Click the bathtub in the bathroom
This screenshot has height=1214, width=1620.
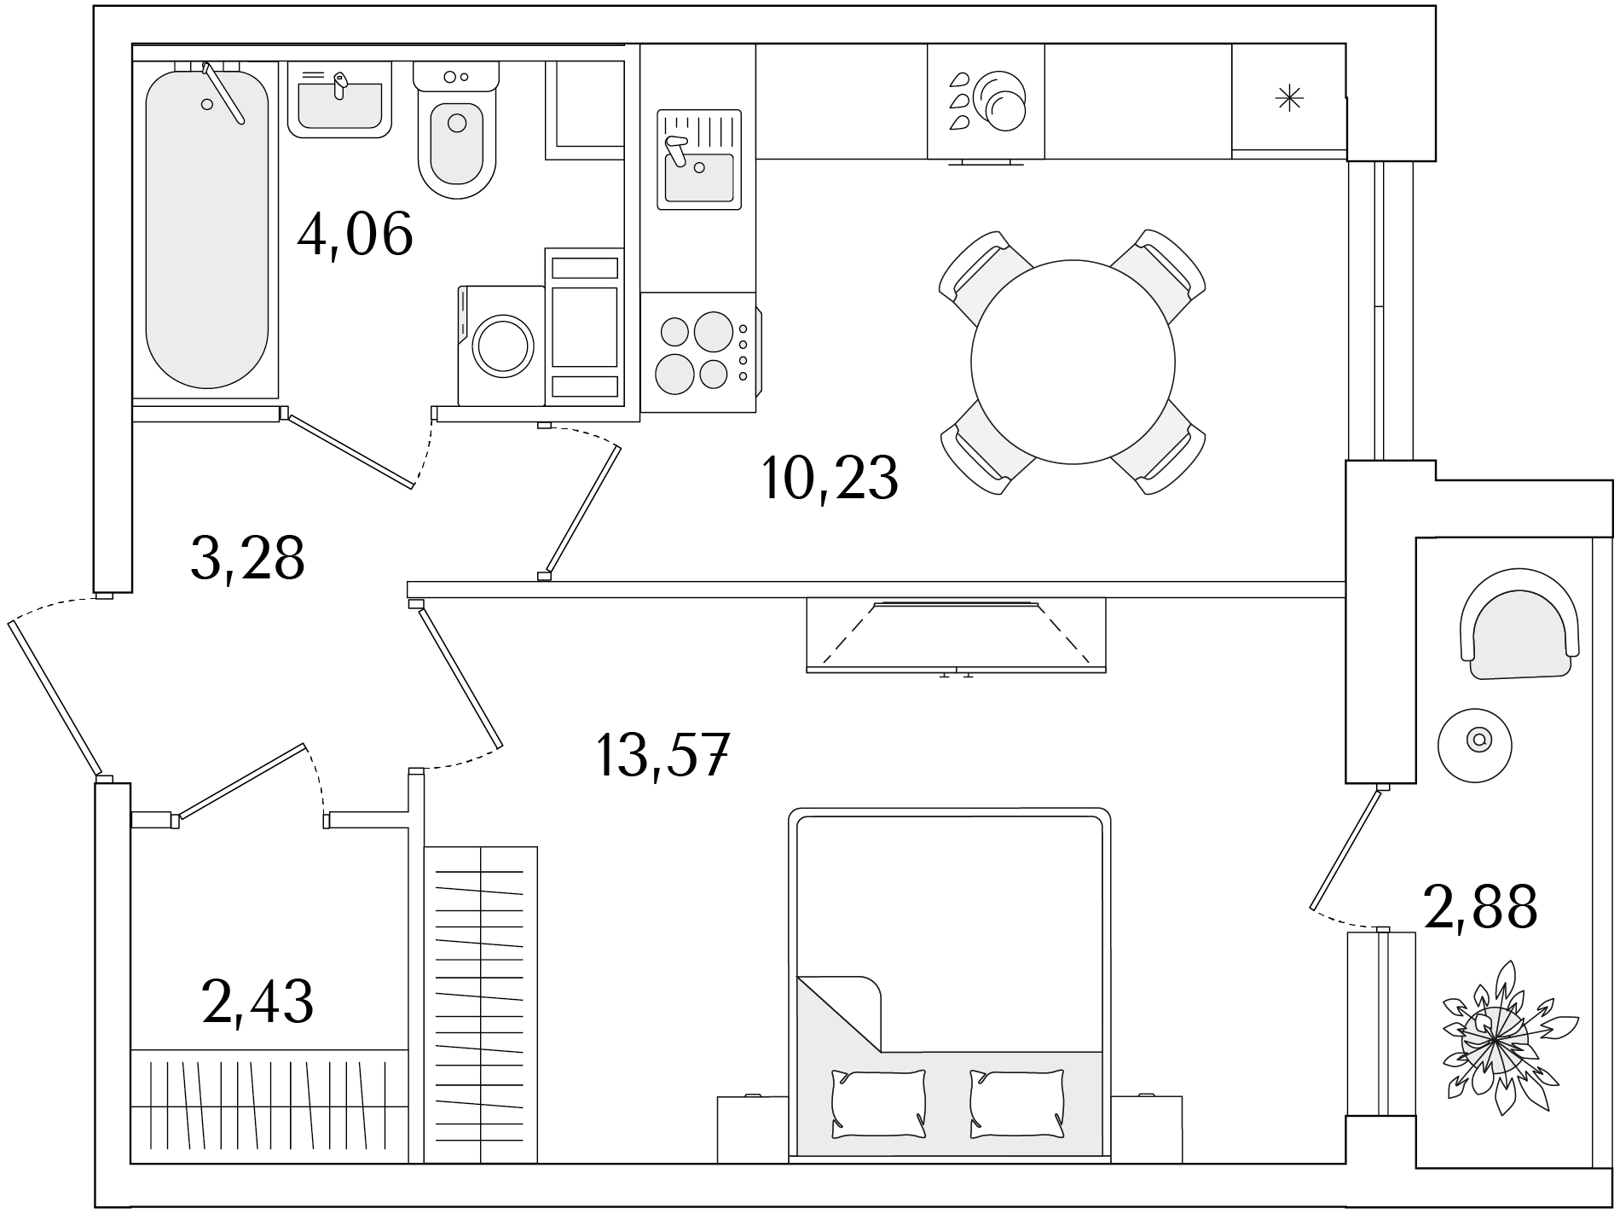pyautogui.click(x=207, y=229)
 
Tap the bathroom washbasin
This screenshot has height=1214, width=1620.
pyautogui.click(x=339, y=100)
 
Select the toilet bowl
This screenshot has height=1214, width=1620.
pyautogui.click(x=456, y=130)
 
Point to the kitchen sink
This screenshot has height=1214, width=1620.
pyautogui.click(x=699, y=160)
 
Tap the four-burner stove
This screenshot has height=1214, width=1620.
pyautogui.click(x=698, y=352)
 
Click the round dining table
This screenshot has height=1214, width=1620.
pyautogui.click(x=1073, y=362)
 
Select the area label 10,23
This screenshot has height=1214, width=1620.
pyautogui.click(x=830, y=479)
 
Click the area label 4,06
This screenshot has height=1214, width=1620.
pyautogui.click(x=355, y=234)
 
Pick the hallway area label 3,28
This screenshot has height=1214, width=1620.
pyautogui.click(x=247, y=559)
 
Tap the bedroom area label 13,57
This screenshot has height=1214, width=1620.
pyautogui.click(x=662, y=755)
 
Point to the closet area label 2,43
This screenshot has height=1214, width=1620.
pyautogui.click(x=257, y=1001)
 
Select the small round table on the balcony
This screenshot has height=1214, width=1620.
pyautogui.click(x=1475, y=744)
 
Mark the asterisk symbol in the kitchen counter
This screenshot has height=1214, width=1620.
pyautogui.click(x=1289, y=99)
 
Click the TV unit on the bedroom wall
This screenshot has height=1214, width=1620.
pyautogui.click(x=956, y=635)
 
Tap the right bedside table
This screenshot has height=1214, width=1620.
pyautogui.click(x=1146, y=1130)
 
